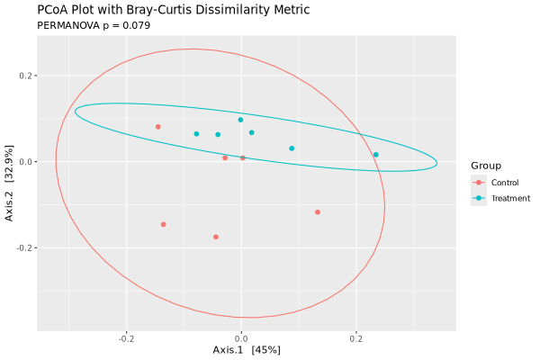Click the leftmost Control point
point(158,127)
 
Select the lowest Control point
point(216,237)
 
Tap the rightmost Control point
point(318,212)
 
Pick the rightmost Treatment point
point(376,155)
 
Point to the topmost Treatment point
point(240,120)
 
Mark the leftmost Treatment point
point(196,134)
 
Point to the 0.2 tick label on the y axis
point(26,76)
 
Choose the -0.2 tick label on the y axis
point(24,247)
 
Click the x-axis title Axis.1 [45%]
point(247,349)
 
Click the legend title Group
point(486,166)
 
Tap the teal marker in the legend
point(479,198)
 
